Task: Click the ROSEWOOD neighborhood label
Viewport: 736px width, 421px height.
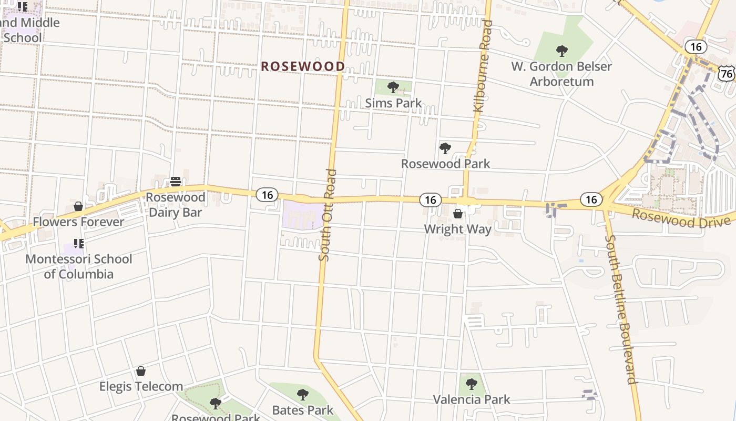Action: tap(303, 66)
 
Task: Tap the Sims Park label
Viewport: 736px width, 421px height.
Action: tap(393, 103)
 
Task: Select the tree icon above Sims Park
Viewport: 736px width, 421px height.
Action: tap(393, 87)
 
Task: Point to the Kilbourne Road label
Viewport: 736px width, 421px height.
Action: tap(482, 67)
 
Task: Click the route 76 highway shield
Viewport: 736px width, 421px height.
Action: tap(727, 74)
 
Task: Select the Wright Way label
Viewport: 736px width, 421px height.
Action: tap(458, 229)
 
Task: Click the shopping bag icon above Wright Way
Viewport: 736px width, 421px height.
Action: tap(458, 214)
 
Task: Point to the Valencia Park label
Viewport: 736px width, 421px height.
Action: tap(472, 399)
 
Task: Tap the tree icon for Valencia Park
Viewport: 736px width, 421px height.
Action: tap(472, 384)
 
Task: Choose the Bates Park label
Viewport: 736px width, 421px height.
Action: tap(303, 410)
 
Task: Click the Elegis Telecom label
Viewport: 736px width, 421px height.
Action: tap(141, 387)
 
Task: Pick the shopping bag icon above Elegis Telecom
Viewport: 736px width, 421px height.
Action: tap(140, 372)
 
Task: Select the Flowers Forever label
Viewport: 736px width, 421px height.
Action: tap(79, 222)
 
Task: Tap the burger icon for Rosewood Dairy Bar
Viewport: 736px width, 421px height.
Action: tap(176, 182)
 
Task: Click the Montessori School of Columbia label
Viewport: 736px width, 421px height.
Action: tap(79, 266)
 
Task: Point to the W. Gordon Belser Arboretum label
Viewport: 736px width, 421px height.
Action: tap(562, 74)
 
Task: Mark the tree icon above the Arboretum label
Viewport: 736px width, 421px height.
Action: tap(562, 51)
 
